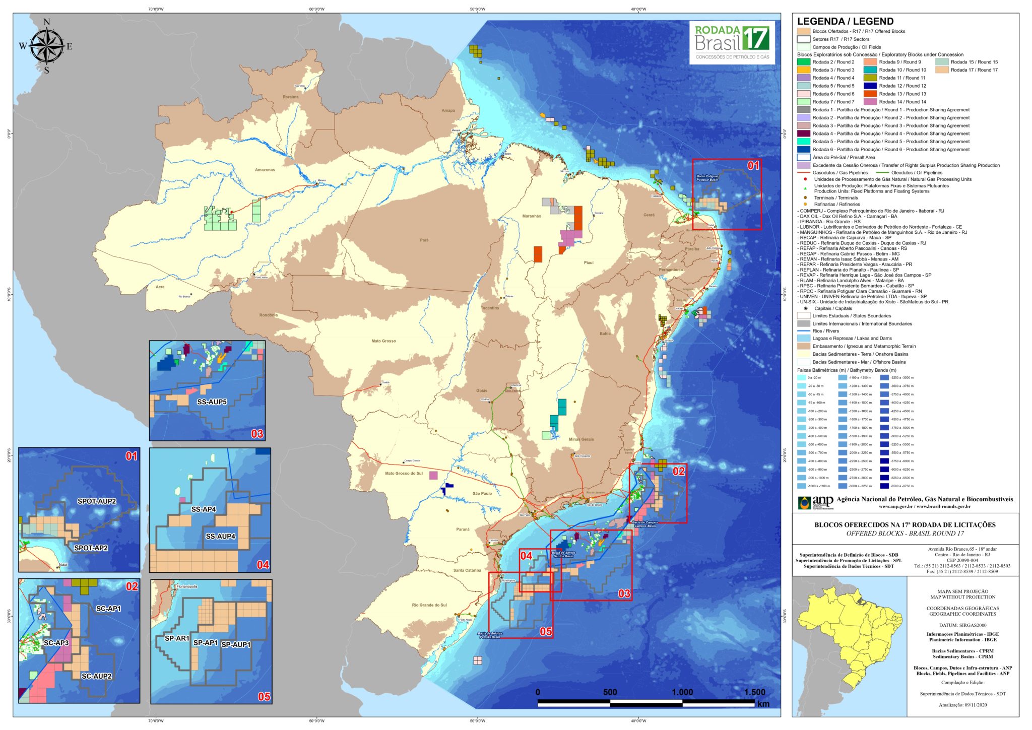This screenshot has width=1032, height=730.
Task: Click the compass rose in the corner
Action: [46, 46]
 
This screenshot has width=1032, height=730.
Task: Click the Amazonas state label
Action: [265, 170]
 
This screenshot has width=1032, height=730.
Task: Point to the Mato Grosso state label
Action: [383, 341]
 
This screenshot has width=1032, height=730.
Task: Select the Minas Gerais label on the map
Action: [581, 439]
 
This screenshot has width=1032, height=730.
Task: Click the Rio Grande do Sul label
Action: [429, 605]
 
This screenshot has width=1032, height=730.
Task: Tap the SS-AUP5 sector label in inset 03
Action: [212, 402]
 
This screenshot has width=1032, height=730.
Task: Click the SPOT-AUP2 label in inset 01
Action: [97, 501]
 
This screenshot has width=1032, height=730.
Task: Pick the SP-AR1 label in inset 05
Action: [177, 638]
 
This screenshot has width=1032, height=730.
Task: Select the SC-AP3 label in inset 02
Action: [56, 643]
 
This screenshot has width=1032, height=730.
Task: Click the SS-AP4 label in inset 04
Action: [204, 509]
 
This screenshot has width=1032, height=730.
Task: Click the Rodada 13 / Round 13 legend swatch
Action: [870, 94]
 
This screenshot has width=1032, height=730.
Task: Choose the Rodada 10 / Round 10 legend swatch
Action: [870, 70]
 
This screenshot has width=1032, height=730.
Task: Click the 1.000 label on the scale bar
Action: [682, 692]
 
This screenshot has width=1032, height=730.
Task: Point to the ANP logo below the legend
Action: [808, 502]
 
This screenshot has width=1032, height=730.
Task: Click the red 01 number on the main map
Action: [753, 166]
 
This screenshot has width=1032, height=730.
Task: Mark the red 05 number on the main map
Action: [546, 631]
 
